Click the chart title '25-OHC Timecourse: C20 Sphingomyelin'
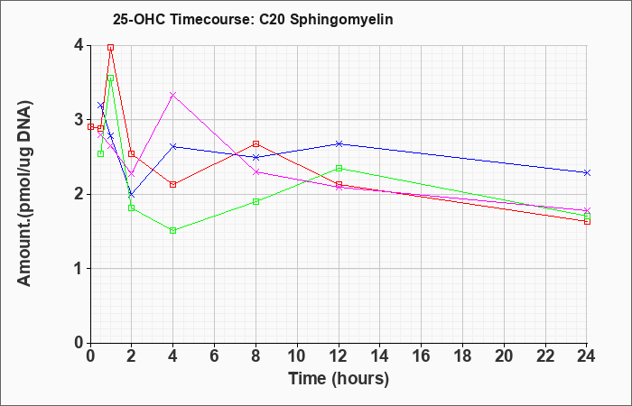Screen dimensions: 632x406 point(253,19)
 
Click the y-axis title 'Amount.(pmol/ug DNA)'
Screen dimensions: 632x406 point(24,193)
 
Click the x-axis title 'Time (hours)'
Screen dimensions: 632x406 point(339,379)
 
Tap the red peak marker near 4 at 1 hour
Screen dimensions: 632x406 point(110,47)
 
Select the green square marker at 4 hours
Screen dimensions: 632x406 point(173,230)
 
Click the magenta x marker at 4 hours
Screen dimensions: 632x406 point(173,95)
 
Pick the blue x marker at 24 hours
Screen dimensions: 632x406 point(587,173)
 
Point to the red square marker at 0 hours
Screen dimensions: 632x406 point(90,127)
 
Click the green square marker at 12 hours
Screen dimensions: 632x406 point(339,168)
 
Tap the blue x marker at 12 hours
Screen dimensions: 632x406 point(339,143)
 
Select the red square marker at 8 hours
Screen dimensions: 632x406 point(256,143)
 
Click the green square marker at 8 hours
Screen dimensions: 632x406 point(256,201)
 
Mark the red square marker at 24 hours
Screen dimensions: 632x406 point(587,221)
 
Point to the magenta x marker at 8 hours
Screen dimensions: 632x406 point(256,172)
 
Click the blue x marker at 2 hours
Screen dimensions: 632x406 point(131,195)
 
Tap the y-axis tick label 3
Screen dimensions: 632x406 point(79,120)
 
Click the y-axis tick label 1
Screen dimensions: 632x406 point(79,269)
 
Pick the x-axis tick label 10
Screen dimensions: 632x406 point(297,356)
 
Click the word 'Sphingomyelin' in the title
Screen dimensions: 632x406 point(341,20)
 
